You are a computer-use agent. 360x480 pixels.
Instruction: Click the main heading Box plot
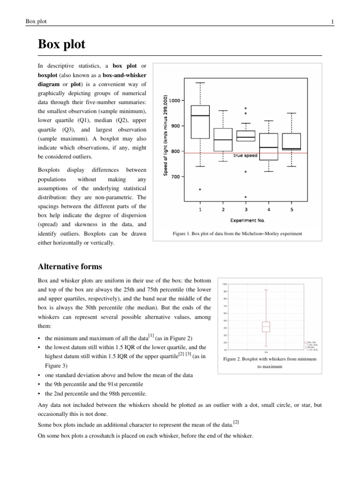click(x=61, y=45)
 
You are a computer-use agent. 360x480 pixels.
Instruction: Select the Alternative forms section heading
click(x=69, y=267)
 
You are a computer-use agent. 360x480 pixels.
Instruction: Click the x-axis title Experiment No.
click(x=246, y=219)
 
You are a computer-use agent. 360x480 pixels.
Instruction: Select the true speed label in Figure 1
click(x=245, y=156)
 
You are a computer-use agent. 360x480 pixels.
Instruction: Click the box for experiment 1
click(x=200, y=122)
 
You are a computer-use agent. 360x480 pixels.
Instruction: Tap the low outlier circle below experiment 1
click(x=200, y=189)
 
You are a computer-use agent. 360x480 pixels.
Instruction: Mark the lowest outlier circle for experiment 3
click(x=246, y=197)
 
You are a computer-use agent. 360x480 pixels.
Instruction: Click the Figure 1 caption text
click(x=238, y=233)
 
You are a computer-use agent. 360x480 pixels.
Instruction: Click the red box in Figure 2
click(x=266, y=327)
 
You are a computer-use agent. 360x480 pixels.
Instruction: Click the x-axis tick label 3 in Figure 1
click(x=246, y=210)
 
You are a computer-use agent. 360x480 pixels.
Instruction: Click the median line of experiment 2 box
click(x=223, y=140)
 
